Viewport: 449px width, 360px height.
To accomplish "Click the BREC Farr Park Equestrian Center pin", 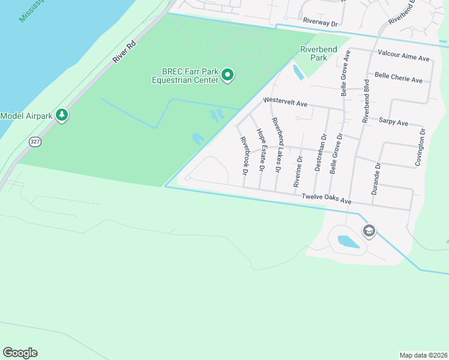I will point(228,76).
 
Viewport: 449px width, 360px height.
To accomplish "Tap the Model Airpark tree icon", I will point(61,115).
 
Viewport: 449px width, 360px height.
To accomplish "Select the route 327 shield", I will point(35,142).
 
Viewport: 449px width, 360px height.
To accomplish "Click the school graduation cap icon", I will point(369,231).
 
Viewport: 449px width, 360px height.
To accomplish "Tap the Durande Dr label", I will point(377,178).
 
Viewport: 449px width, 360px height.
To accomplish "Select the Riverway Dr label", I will point(321,20).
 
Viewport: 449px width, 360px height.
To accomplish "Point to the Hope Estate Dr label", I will point(261,150).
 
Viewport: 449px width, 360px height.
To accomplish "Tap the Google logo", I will point(20,353).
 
